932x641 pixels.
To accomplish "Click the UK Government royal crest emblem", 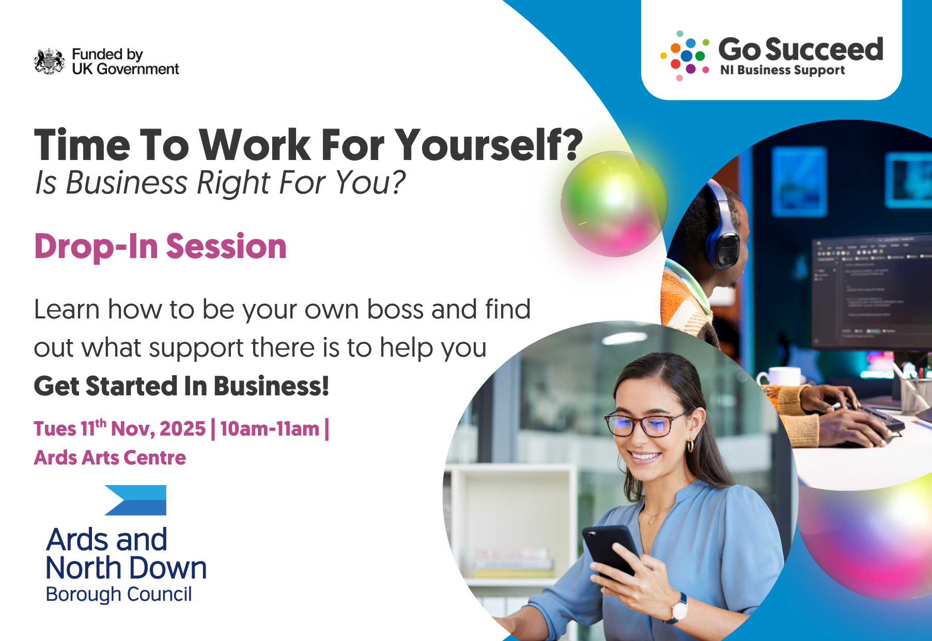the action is pyautogui.click(x=50, y=61).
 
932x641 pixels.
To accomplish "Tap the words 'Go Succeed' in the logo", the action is pyautogui.click(x=801, y=50).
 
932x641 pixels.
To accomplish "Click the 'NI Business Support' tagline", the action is pyautogui.click(x=783, y=70).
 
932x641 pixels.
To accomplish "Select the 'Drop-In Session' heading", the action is pyautogui.click(x=160, y=246).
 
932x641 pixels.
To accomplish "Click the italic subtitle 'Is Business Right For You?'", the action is pyautogui.click(x=220, y=183).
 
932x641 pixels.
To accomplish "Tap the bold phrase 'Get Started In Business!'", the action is pyautogui.click(x=181, y=386).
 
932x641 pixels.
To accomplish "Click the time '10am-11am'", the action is pyautogui.click(x=270, y=429).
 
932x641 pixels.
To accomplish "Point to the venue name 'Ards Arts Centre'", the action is pyautogui.click(x=110, y=458).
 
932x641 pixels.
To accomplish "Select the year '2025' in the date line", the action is pyautogui.click(x=182, y=429).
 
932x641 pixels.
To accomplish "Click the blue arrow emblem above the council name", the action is pyautogui.click(x=135, y=500).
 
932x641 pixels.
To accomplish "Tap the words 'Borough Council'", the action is pyautogui.click(x=119, y=594).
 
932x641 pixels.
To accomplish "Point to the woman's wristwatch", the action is pyautogui.click(x=678, y=609).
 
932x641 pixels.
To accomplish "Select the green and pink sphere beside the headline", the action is pyautogui.click(x=614, y=204).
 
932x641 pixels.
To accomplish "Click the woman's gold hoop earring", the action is pyautogui.click(x=690, y=446).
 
